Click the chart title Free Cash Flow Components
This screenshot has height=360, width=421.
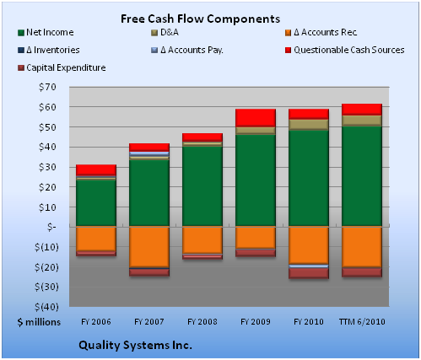point(200,19)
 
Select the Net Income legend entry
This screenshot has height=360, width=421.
point(46,32)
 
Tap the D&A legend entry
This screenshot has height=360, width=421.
point(165,32)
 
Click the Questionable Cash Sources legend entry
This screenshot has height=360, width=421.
point(345,50)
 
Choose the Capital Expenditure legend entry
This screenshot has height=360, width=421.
point(62,67)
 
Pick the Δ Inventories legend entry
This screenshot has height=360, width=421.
point(48,50)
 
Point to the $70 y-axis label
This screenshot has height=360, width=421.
point(47,87)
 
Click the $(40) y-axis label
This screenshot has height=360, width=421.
point(46,307)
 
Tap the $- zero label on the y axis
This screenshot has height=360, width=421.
point(51,227)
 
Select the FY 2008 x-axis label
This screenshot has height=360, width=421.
point(202,321)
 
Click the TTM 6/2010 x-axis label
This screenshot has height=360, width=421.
point(362,321)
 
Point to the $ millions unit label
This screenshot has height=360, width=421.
point(39,322)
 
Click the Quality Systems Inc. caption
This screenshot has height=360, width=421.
point(135,345)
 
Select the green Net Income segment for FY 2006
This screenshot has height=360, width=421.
point(96,203)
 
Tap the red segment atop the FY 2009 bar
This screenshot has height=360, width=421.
point(256,118)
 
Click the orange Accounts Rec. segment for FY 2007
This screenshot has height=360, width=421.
point(149,247)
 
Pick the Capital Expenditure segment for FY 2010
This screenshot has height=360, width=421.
point(309,273)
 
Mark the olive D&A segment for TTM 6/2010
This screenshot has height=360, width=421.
point(362,121)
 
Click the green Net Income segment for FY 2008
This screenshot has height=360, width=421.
point(202,186)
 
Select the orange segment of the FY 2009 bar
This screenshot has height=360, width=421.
point(256,238)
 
